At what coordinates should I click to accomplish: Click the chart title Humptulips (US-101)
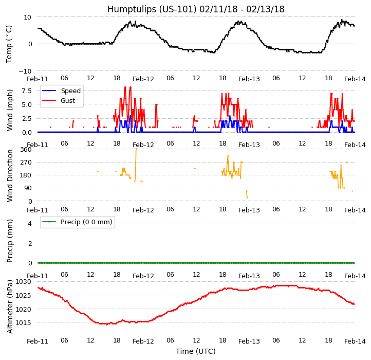(195, 9)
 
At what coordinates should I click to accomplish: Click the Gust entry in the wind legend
(70, 100)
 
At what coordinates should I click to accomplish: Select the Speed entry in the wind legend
(70, 91)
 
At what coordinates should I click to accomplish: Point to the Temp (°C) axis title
(9, 44)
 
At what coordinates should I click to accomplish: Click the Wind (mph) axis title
(10, 110)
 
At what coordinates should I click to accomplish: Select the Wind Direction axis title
(10, 175)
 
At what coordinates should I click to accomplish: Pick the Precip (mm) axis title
(10, 241)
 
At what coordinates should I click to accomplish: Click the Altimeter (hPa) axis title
(10, 306)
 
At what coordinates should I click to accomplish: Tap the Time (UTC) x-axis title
(195, 351)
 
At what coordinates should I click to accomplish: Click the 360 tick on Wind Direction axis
(26, 150)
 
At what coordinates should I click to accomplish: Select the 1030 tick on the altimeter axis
(24, 282)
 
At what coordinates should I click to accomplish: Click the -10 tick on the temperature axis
(27, 71)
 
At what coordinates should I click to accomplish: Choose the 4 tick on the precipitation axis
(30, 223)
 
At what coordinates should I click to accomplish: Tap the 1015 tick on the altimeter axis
(24, 323)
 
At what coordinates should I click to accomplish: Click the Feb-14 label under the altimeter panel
(355, 341)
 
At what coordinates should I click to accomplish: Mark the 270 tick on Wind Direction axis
(26, 163)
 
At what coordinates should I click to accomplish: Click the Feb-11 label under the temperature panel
(38, 79)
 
